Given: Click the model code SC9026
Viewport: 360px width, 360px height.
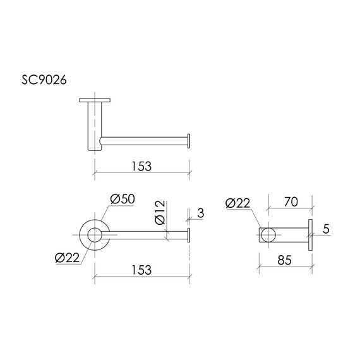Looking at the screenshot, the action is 44,80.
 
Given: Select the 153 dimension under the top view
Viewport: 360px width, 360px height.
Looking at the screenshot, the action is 141,166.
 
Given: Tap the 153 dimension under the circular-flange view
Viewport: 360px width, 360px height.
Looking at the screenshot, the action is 141,270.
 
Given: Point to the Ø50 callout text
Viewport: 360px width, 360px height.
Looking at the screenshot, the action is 123,199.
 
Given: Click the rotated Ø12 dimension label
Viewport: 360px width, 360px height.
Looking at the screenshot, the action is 160,212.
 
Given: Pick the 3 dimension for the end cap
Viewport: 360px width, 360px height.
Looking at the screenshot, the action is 201,213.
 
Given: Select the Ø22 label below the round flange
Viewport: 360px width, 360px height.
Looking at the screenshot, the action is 67,258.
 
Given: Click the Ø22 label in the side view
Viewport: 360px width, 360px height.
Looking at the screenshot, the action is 237,203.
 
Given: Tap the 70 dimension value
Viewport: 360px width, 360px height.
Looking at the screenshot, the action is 291,202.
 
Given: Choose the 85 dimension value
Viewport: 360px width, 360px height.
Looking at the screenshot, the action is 284,260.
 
